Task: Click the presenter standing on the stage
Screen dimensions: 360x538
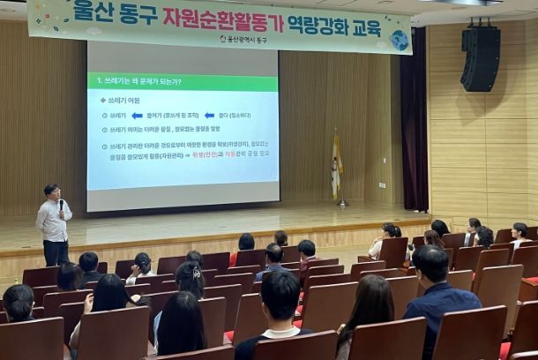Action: pos(55,225)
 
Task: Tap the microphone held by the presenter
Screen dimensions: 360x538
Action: pos(61,207)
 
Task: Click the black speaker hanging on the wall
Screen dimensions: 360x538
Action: pos(481,57)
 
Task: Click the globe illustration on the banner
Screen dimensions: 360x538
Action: pos(399,40)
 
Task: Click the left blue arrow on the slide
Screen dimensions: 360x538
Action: pos(136,115)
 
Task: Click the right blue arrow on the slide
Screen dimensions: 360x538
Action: pos(209,115)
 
